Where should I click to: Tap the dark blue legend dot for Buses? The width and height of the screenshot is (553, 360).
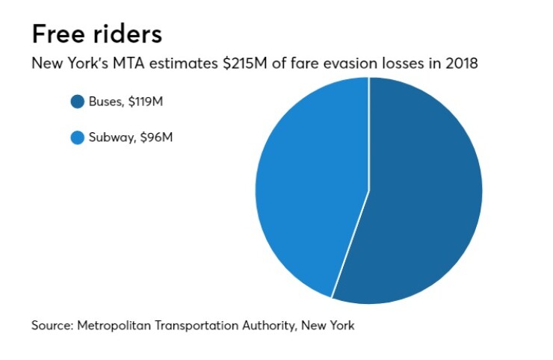[x=77, y=102]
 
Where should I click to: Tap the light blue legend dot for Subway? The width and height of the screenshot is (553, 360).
[x=77, y=137]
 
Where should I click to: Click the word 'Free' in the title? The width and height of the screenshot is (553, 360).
[x=59, y=34]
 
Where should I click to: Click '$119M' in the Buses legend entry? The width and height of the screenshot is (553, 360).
[x=144, y=102]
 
